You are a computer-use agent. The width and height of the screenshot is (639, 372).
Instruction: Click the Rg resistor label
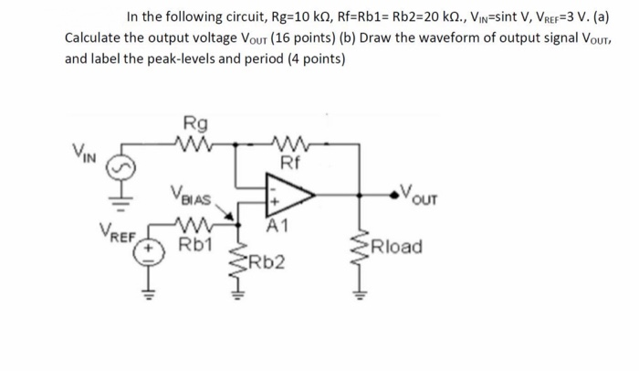tap(194, 123)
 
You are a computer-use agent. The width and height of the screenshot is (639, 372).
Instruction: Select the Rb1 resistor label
tap(195, 244)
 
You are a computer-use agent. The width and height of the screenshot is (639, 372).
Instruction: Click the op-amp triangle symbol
tap(287, 196)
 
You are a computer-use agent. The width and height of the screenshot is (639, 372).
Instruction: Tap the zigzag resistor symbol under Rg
tap(194, 143)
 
